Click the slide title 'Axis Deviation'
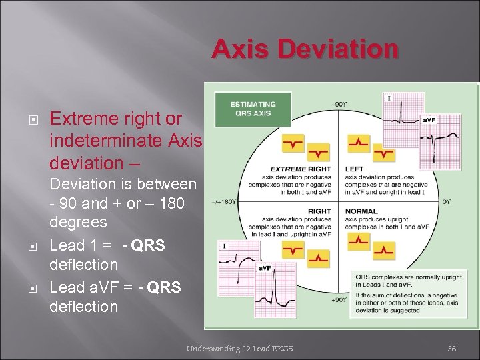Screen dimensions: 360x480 (305, 49)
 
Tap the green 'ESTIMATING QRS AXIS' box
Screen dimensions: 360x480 (253, 108)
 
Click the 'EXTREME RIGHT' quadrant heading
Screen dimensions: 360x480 (297, 169)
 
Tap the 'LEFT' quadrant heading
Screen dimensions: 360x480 (355, 169)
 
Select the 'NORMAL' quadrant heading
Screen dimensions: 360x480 (360, 211)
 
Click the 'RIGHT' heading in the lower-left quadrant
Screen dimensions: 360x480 (320, 211)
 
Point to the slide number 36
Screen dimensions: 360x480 (451, 348)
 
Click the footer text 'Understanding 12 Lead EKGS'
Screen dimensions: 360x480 (239, 348)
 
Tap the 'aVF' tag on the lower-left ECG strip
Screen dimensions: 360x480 (265, 268)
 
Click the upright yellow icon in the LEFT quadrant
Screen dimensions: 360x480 (359, 143)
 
